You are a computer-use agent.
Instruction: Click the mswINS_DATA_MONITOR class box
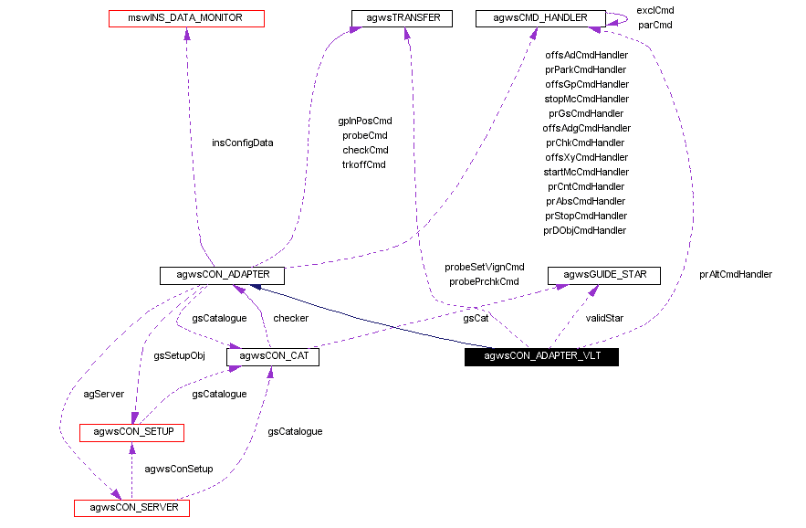185,17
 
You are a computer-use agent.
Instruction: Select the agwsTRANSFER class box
402,17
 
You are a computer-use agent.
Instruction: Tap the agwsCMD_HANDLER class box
539,17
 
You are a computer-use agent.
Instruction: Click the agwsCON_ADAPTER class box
222,275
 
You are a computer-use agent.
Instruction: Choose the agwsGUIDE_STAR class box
603,275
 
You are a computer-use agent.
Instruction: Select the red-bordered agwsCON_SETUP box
132,431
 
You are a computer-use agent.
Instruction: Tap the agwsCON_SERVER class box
131,507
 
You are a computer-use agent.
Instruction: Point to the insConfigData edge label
243,143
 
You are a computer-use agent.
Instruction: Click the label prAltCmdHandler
736,274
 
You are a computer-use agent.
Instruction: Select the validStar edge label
603,318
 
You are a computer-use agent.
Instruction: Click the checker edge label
290,318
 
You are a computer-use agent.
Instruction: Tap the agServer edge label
103,394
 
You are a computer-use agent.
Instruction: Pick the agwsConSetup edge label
179,469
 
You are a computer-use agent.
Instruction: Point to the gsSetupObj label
179,355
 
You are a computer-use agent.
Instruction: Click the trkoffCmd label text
364,164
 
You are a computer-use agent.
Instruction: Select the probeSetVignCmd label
484,267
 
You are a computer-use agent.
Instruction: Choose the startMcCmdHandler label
586,172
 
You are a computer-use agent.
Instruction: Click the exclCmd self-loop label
654,10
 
